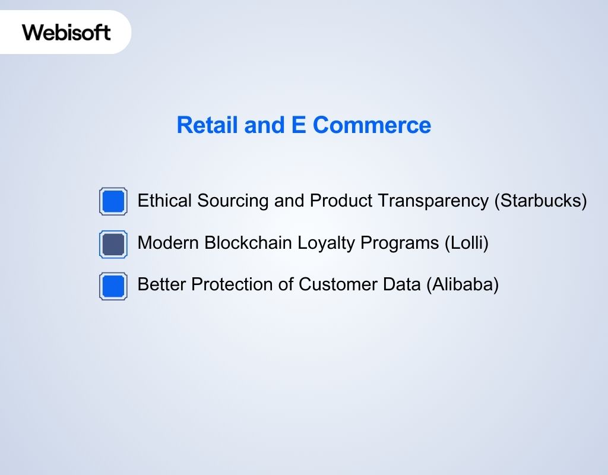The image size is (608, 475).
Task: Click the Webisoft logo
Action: (x=66, y=32)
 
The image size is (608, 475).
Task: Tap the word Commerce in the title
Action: (x=372, y=125)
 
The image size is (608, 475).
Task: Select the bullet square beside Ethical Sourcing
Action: (x=113, y=201)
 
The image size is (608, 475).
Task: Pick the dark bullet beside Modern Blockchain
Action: (x=113, y=244)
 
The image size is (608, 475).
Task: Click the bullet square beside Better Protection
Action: (x=113, y=286)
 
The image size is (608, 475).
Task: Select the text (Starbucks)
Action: (x=540, y=201)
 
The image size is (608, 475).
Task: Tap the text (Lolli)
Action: (x=466, y=243)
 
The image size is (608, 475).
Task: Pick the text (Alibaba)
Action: (x=462, y=284)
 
